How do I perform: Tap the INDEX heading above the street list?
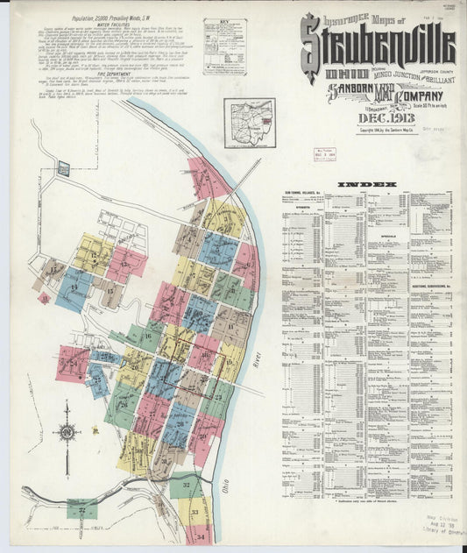tap(366, 185)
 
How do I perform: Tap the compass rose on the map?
tap(67, 433)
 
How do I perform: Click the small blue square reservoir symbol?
tap(63, 167)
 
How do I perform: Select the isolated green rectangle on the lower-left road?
tap(82, 508)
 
